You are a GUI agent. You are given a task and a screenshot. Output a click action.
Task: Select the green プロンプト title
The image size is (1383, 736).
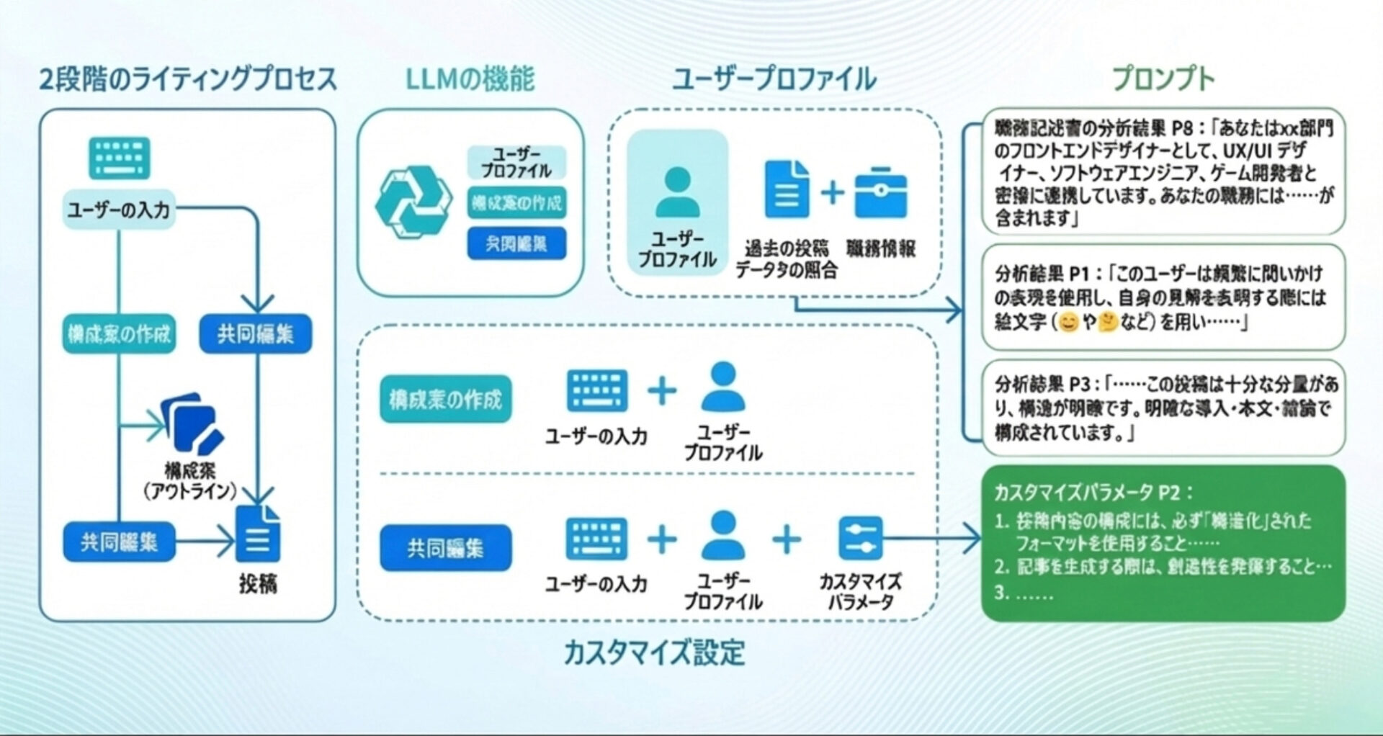[x=1163, y=78]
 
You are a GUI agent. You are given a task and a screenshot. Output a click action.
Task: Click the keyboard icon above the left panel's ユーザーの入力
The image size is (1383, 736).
[x=119, y=158]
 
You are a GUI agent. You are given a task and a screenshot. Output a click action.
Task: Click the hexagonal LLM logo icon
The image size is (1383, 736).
[x=413, y=202]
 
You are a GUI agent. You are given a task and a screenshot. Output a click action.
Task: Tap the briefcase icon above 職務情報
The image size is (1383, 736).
[x=881, y=192]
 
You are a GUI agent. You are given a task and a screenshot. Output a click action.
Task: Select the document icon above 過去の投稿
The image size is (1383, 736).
[x=786, y=189]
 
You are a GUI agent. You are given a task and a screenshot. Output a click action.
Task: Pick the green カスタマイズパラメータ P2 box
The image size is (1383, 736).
[x=1163, y=543]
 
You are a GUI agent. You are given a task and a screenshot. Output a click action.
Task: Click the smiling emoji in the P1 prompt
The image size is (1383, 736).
[x=1070, y=322]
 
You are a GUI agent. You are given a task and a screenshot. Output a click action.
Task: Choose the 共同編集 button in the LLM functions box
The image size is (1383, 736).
[x=516, y=243]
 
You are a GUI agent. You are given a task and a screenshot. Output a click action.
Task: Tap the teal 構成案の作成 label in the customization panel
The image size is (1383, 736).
[x=445, y=399]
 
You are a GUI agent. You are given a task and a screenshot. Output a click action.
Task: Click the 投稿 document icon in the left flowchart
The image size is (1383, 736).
[x=258, y=534]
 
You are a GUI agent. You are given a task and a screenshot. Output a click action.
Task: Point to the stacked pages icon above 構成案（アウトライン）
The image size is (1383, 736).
[x=192, y=425]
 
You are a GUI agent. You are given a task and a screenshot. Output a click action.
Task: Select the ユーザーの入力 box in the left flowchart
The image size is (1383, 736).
[x=119, y=210]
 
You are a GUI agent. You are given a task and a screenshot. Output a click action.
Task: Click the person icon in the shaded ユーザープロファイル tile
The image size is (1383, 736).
[x=677, y=192]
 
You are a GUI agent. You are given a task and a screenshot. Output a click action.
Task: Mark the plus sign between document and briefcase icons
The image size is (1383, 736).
[x=832, y=192]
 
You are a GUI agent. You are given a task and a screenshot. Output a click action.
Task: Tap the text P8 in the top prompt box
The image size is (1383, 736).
[x=1182, y=128]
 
